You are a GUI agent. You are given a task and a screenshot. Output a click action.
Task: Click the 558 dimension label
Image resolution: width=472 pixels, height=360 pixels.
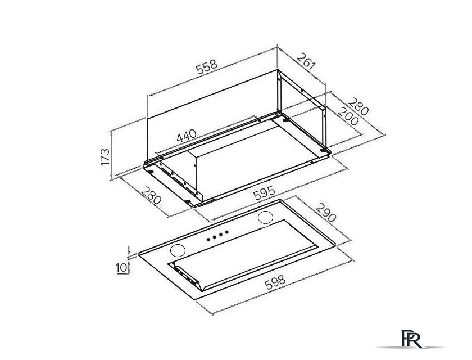[207, 67]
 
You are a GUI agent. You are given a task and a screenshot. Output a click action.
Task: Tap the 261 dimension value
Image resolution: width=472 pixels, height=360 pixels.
[306, 62]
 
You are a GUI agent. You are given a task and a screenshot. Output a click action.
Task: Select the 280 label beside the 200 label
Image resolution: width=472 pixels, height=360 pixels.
[358, 106]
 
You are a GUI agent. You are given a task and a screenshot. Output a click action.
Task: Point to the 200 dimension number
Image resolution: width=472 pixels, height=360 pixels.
[348, 116]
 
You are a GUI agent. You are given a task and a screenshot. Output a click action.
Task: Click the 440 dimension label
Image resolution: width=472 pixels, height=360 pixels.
[187, 136]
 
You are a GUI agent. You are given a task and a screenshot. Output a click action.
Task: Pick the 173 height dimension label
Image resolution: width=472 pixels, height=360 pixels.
[105, 156]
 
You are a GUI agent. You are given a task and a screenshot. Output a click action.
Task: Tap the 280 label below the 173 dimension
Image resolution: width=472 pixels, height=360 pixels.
[151, 196]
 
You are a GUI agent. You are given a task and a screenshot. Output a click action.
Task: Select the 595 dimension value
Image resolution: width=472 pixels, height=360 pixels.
[264, 193]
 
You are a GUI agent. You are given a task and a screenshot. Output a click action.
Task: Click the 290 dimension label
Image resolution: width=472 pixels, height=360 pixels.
[326, 213]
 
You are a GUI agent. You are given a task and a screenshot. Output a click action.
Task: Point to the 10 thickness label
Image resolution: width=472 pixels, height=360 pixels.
[121, 268]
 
